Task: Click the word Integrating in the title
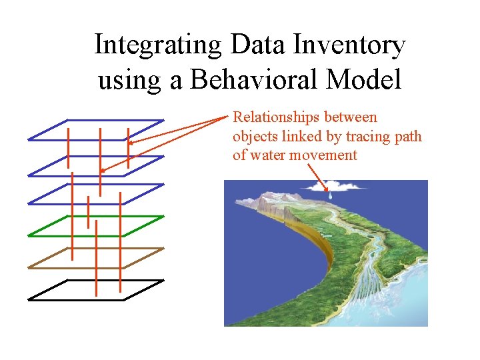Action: [159, 45]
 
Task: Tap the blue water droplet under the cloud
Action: [329, 195]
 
